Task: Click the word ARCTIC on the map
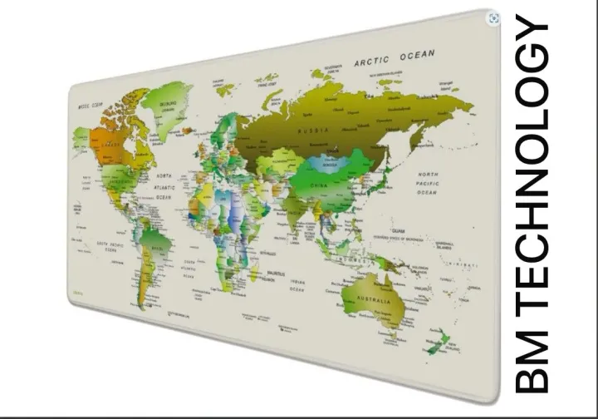pos(371,61)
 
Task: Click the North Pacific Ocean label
pos(427,183)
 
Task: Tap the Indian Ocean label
pos(298,285)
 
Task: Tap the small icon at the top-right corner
pos(495,17)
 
